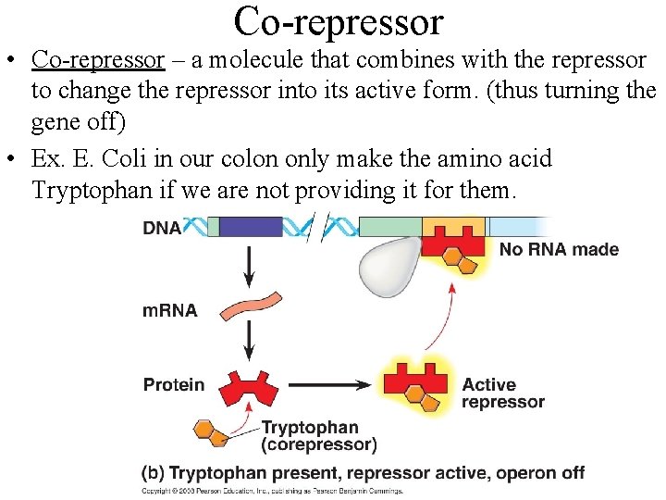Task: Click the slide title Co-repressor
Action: (339, 20)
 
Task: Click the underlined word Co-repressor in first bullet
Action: (97, 60)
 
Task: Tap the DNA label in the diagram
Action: (162, 228)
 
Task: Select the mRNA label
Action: (169, 310)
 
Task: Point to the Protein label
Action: (174, 383)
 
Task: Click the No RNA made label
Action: (559, 250)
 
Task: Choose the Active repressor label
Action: (503, 394)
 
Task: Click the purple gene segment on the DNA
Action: (251, 227)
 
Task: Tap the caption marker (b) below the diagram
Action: (154, 472)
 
